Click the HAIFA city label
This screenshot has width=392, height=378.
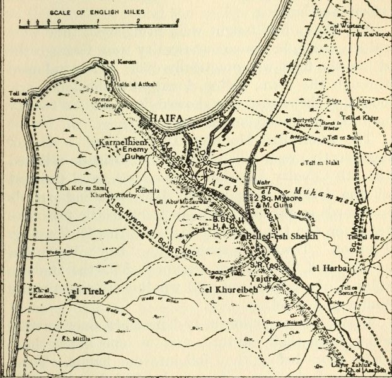[x=166, y=118]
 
